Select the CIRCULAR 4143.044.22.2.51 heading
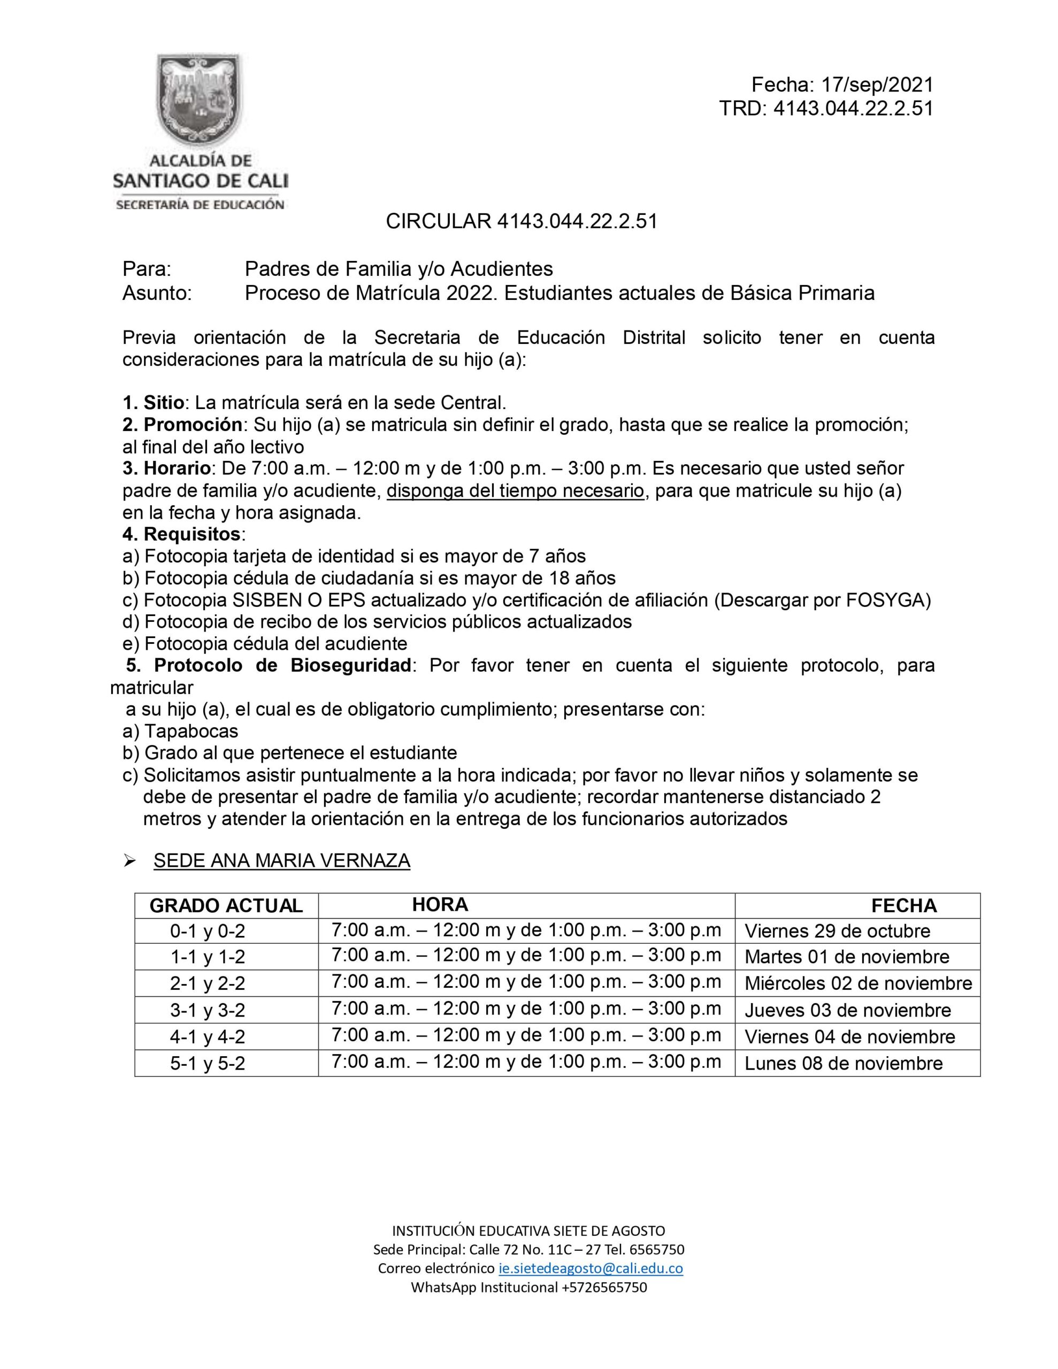click(x=521, y=221)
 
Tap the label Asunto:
click(x=157, y=293)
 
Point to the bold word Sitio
click(x=164, y=402)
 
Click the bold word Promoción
click(x=193, y=425)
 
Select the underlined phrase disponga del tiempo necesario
click(x=515, y=491)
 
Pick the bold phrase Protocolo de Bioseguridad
click(x=282, y=665)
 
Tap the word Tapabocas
click(x=191, y=731)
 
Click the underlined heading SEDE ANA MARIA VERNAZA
click(x=281, y=860)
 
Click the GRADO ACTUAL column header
click(x=226, y=906)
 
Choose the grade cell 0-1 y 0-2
click(x=207, y=932)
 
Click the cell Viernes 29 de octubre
click(x=837, y=931)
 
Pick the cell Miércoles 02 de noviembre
click(x=858, y=983)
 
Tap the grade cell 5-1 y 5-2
click(x=207, y=1064)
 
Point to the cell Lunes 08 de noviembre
click(x=843, y=1063)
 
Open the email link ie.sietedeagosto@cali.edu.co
click(x=590, y=1268)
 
